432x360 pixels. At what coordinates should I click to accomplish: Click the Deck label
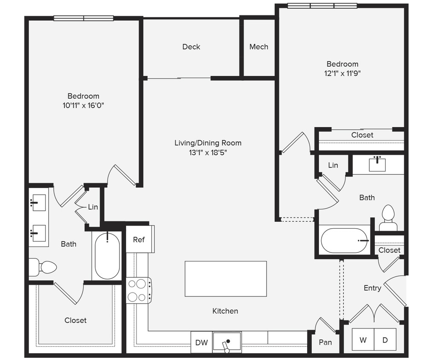(x=191, y=47)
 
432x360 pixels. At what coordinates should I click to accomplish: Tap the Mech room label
(x=258, y=47)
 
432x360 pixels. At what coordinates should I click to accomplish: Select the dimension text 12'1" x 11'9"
(x=342, y=73)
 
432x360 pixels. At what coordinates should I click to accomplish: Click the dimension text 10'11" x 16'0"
(x=83, y=105)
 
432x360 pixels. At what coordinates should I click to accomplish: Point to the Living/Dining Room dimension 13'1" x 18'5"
(x=208, y=152)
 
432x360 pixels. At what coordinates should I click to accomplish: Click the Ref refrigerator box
(x=139, y=240)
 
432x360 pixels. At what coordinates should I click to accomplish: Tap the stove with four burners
(x=139, y=290)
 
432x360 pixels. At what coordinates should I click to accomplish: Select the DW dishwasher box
(x=201, y=342)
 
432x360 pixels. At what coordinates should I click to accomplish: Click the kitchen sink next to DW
(x=227, y=342)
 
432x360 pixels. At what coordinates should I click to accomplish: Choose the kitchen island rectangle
(x=226, y=279)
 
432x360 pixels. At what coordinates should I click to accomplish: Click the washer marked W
(x=363, y=340)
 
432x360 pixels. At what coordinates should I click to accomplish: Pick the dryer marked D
(x=385, y=340)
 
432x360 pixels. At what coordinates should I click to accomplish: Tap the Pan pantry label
(x=325, y=342)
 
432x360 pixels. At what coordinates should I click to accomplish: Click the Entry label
(x=372, y=288)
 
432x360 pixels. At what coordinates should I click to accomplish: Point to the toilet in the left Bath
(x=43, y=267)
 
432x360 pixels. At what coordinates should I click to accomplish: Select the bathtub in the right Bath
(x=345, y=241)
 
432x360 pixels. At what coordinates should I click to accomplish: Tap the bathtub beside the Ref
(x=107, y=255)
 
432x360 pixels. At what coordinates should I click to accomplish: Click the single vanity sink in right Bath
(x=377, y=164)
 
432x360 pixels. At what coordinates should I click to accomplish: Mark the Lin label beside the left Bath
(x=93, y=207)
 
